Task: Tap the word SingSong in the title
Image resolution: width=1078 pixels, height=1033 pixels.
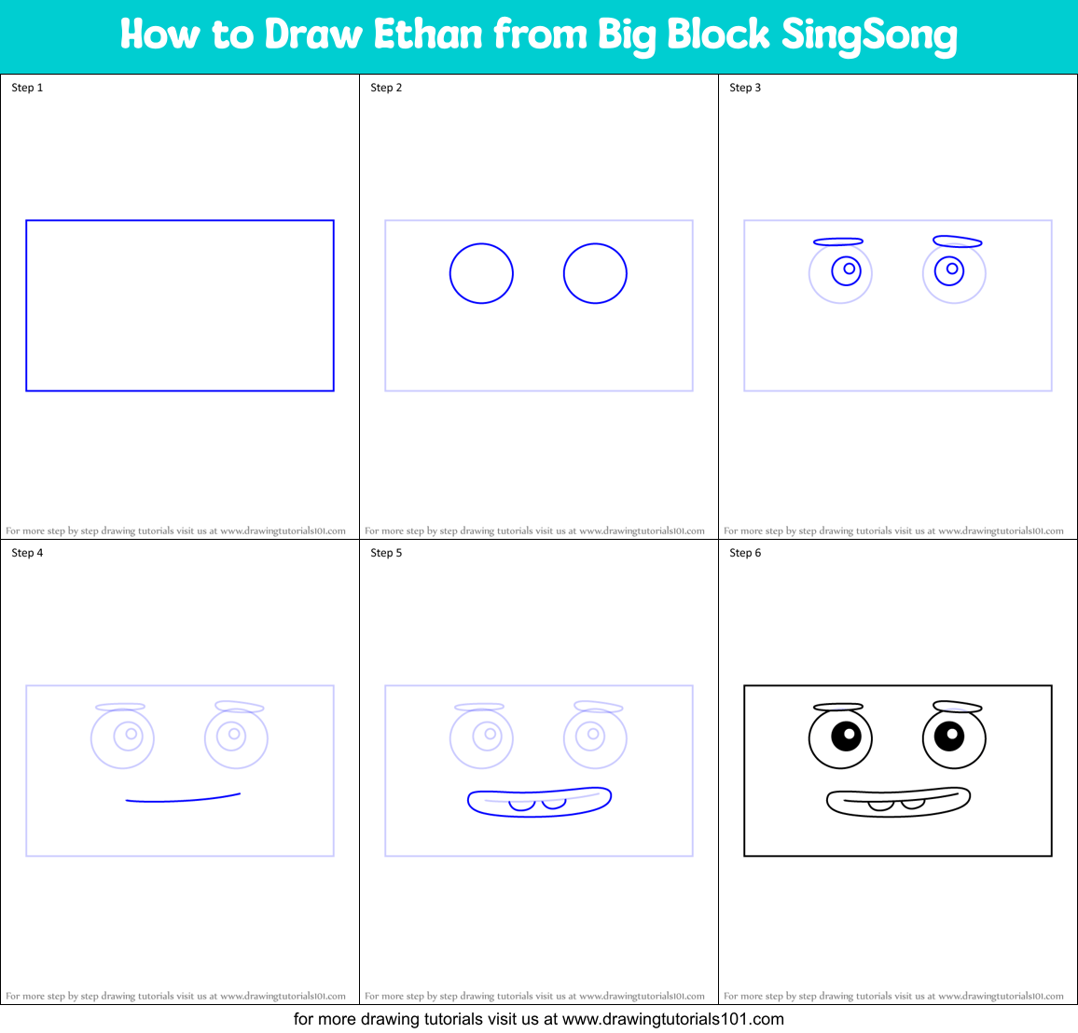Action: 869,35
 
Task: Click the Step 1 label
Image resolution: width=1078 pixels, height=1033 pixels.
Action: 27,88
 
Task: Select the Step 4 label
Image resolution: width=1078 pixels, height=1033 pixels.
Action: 27,553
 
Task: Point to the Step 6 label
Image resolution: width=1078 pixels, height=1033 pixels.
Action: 745,553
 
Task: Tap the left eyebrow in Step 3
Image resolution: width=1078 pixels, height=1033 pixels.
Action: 837,241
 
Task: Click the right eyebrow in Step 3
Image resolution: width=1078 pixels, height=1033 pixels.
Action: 957,241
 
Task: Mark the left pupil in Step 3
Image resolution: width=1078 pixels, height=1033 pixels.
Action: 849,269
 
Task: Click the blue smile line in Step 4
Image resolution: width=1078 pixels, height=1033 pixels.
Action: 184,799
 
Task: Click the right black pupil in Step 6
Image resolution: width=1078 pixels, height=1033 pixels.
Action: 949,736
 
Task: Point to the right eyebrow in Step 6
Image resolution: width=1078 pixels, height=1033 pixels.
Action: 957,707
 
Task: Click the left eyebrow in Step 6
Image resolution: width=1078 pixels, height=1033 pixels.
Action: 837,708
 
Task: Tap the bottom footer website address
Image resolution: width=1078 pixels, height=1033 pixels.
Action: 673,1019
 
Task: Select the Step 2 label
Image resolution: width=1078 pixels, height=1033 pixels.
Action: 386,88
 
